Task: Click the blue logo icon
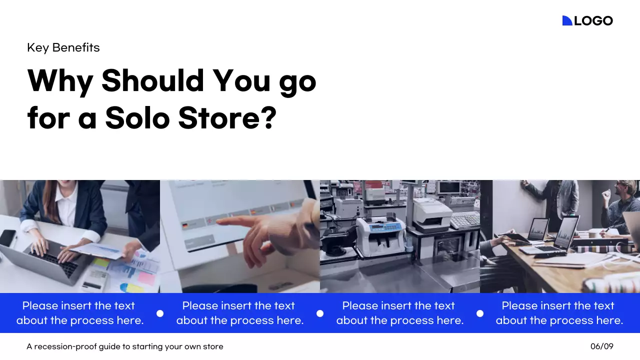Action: pos(567,20)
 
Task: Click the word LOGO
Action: pos(593,20)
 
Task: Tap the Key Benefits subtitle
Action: pos(63,47)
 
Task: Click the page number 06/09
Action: pos(601,346)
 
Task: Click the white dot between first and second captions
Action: pos(160,313)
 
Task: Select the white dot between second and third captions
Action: pos(320,313)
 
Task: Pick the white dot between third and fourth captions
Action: pos(480,313)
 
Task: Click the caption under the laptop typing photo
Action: pos(80,313)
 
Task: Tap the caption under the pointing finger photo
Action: pos(240,313)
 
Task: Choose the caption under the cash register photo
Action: pos(400,313)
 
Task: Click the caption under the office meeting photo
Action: pos(559,313)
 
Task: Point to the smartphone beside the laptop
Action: pos(7,237)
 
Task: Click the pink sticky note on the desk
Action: pos(146,277)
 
